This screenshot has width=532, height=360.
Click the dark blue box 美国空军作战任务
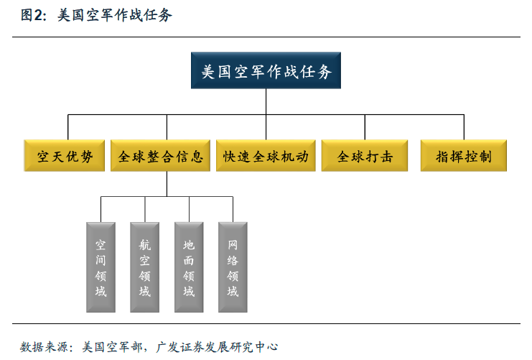pyautogui.click(x=266, y=70)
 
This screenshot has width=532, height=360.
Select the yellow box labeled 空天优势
pyautogui.click(x=64, y=155)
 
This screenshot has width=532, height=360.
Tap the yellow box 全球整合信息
pyautogui.click(x=160, y=155)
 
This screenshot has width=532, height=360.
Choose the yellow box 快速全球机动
pyautogui.click(x=266, y=155)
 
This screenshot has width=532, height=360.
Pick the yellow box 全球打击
pyautogui.click(x=365, y=155)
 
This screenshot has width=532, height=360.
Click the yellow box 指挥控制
pyautogui.click(x=464, y=155)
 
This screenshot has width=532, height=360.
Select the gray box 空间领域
pyautogui.click(x=101, y=267)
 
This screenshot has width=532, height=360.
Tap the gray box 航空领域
pyautogui.click(x=145, y=267)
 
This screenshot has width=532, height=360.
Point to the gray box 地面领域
pyautogui.click(x=189, y=267)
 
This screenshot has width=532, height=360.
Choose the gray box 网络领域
pyautogui.click(x=233, y=267)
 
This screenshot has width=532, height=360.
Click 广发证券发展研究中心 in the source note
pyautogui.click(x=217, y=347)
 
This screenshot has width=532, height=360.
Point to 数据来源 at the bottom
pyautogui.click(x=44, y=347)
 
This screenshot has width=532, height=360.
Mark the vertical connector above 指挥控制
pyautogui.click(x=464, y=127)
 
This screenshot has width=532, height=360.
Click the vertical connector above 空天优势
pyautogui.click(x=68, y=127)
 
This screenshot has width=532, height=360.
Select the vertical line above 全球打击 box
pyautogui.click(x=365, y=127)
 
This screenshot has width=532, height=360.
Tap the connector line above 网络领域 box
pyautogui.click(x=233, y=209)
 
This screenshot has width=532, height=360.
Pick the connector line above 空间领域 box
pyautogui.click(x=101, y=209)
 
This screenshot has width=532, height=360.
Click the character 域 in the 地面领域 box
pyautogui.click(x=189, y=291)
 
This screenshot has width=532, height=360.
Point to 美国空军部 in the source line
pyautogui.click(x=112, y=347)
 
